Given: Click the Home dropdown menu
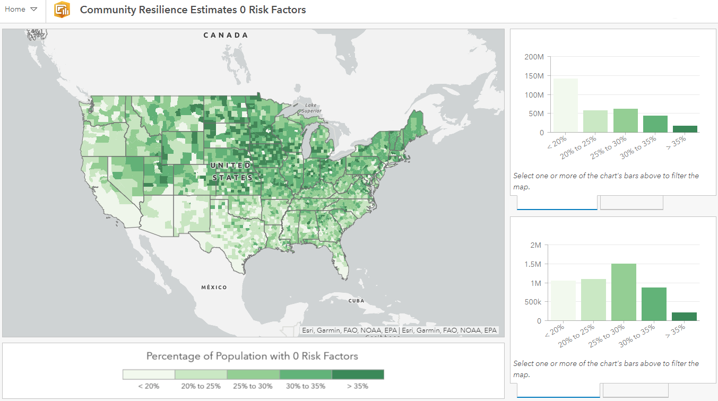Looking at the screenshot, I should tap(21, 10).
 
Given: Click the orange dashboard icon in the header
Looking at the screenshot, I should tap(62, 10).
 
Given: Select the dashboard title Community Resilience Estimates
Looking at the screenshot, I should tap(193, 10).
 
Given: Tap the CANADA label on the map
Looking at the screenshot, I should tap(226, 35).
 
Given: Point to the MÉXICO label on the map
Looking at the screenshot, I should tap(214, 287).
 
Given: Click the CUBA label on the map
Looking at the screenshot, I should tap(356, 301).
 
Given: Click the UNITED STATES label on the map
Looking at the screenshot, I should tap(232, 171).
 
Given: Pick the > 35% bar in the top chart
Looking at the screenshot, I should tap(684, 129).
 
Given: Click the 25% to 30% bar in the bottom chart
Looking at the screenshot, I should tap(624, 292).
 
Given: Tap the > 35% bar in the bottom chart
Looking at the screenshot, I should tap(684, 316).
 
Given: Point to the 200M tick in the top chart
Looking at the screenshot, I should tap(533, 57).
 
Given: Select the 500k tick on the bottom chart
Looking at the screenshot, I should tap(532, 302).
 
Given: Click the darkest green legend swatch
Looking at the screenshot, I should tap(358, 374).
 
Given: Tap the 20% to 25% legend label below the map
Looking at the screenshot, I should tap(201, 386).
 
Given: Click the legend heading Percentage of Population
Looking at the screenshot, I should tap(252, 356).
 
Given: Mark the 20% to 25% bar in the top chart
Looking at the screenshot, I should tap(595, 121).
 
